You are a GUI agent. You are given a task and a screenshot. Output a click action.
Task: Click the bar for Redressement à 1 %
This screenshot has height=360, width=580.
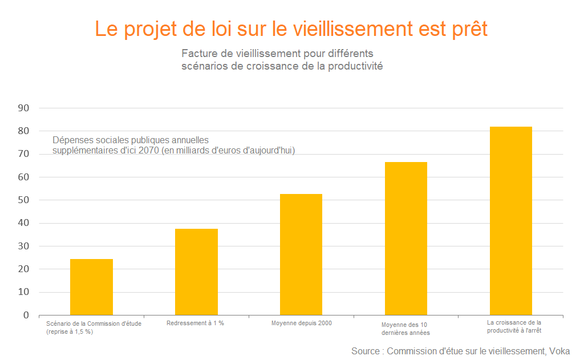[x=196, y=272]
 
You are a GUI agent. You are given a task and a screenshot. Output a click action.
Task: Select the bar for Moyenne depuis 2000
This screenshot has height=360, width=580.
[x=301, y=254]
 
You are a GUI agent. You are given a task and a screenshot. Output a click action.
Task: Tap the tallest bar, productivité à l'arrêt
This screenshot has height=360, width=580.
[x=511, y=221]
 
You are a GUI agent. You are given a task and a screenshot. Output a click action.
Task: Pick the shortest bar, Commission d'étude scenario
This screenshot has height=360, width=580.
[x=91, y=287]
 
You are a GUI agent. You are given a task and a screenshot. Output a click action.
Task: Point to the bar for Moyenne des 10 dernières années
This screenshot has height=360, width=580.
[x=406, y=238]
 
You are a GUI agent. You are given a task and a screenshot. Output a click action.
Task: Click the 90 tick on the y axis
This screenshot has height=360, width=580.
[x=24, y=108]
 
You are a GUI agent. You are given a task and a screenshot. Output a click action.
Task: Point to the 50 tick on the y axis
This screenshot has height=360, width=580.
[x=24, y=200]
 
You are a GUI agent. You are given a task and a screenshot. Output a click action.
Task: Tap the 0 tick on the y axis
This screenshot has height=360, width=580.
[x=26, y=315]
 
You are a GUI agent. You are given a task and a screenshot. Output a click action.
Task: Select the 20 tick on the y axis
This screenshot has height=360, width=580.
[x=24, y=269]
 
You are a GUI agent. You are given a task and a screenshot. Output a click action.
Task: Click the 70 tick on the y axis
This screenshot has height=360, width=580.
[x=24, y=154]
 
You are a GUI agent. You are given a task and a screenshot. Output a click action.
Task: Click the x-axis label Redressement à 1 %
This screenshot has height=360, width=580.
[x=195, y=323]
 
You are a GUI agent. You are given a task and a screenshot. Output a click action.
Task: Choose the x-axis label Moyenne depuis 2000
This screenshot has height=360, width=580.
[x=301, y=323]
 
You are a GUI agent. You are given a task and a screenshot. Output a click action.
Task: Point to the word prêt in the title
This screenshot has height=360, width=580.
[x=466, y=29]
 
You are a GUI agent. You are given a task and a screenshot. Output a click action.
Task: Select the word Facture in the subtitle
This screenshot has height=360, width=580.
[x=198, y=54]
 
